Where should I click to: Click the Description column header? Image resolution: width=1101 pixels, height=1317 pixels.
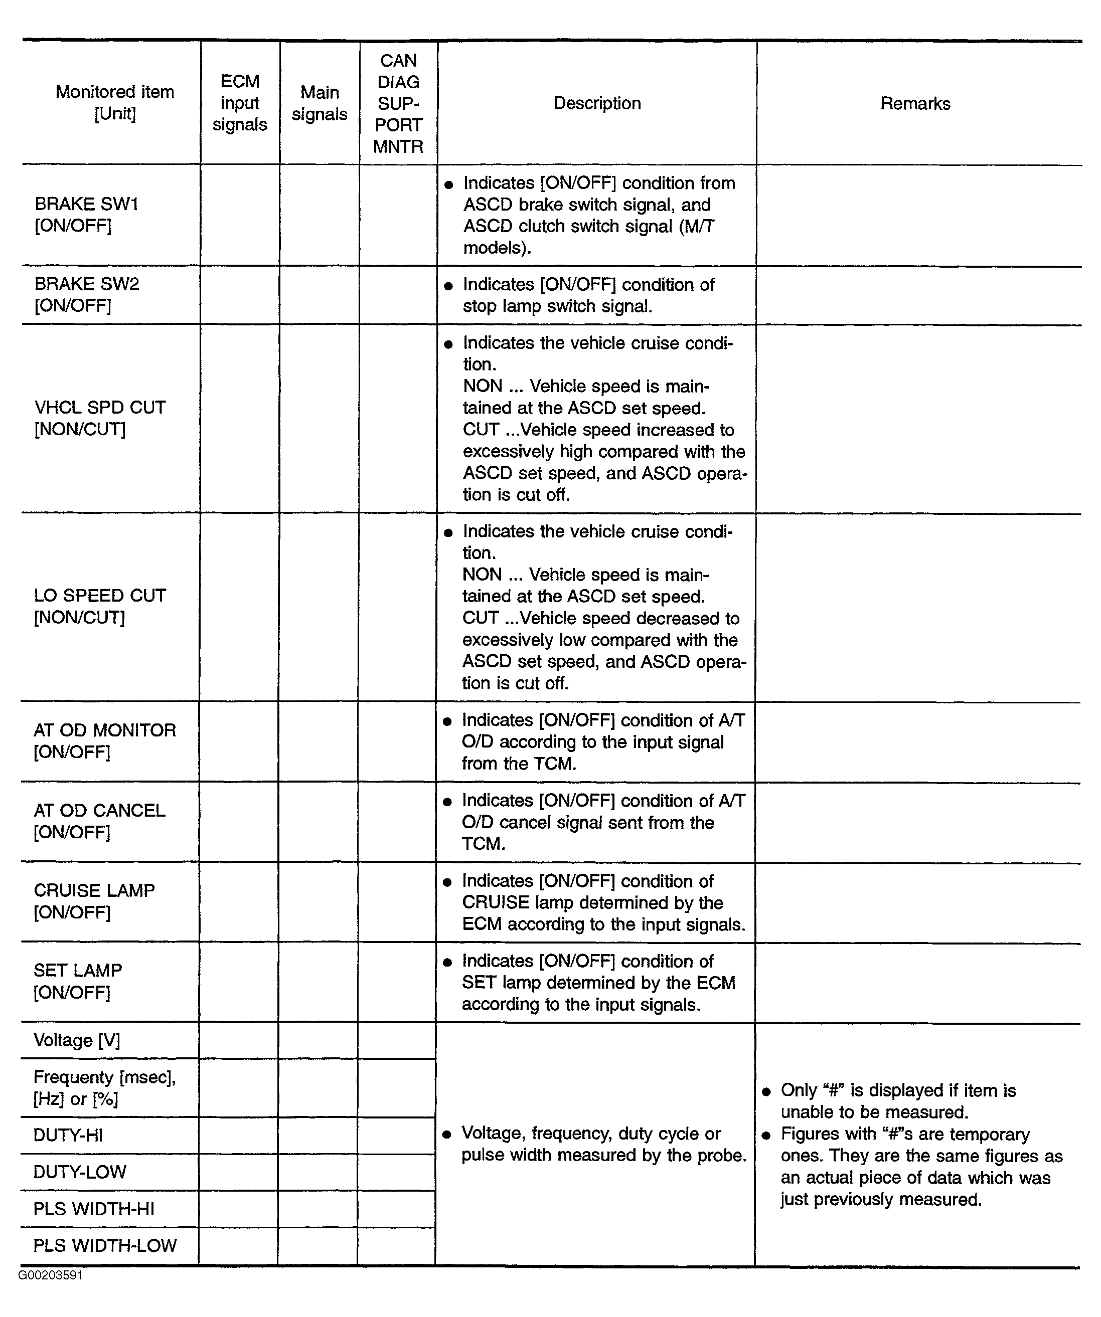coord(596,103)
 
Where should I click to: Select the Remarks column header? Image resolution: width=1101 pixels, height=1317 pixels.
coord(915,103)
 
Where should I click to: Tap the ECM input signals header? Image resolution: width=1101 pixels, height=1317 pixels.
coord(240,103)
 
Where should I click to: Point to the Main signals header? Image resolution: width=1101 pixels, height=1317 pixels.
coord(320,103)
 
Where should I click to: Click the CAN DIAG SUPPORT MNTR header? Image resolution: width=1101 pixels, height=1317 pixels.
coord(398,103)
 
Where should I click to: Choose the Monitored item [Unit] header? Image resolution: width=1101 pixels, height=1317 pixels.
coord(115,102)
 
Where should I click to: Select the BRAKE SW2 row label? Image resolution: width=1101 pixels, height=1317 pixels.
coord(87,295)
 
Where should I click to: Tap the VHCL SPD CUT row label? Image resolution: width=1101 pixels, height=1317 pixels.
coord(100,418)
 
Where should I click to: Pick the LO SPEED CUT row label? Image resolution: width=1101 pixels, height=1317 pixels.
coord(100,607)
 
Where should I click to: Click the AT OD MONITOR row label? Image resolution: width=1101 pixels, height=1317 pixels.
coord(104,740)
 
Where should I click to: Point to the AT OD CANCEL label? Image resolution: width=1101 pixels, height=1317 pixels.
coord(99,821)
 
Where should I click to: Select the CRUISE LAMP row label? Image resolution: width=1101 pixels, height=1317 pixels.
coord(94,901)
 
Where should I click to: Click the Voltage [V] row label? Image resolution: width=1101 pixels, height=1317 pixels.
coord(77,1040)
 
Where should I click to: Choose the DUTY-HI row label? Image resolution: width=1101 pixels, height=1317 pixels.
coord(68,1136)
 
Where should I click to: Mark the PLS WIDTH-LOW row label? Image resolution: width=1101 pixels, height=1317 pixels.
coord(105,1245)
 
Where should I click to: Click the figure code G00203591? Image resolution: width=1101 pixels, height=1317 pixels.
coord(50,1275)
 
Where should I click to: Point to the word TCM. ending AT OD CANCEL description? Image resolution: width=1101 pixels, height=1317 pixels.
coord(483,844)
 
